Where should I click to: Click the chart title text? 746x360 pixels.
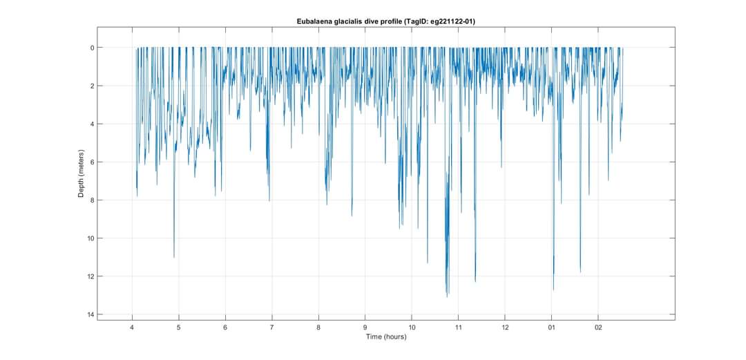[385, 21]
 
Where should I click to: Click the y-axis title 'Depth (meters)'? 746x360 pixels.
[81, 174]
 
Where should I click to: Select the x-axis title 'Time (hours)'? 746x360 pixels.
[385, 337]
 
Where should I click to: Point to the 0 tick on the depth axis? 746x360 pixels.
[90, 48]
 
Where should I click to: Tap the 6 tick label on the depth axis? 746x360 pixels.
[90, 162]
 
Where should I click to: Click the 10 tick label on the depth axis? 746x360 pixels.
[89, 238]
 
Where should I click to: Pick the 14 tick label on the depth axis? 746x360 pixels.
[89, 315]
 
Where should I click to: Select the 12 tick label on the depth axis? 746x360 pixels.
[89, 276]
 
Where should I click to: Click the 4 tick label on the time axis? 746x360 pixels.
[132, 328]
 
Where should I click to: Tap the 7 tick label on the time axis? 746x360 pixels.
[272, 328]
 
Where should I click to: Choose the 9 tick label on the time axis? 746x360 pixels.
[365, 328]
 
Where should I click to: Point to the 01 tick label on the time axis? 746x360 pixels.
[551, 328]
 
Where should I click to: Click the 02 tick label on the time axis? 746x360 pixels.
[598, 328]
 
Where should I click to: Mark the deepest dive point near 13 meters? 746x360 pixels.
[448, 296]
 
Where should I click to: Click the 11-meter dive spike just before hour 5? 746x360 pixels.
[174, 257]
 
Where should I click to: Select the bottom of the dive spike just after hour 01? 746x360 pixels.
[553, 290]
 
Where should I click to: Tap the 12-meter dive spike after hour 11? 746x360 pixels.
[475, 281]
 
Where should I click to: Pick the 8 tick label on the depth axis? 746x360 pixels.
[90, 200]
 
